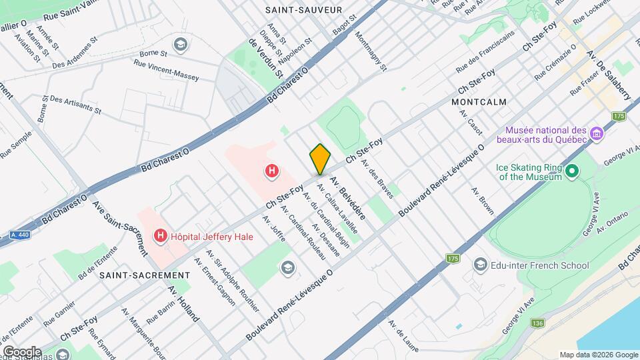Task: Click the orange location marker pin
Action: (x=320, y=159)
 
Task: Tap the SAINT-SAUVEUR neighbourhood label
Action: (x=303, y=10)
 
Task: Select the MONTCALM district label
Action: (x=479, y=102)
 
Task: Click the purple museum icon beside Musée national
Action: (x=597, y=135)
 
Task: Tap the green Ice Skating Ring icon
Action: (x=571, y=172)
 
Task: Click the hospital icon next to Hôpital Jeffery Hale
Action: (x=160, y=236)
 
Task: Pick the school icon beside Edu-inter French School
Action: (x=480, y=265)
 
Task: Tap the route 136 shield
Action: (x=538, y=323)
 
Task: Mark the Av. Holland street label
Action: (x=183, y=304)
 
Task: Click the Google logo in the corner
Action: (x=23, y=351)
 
